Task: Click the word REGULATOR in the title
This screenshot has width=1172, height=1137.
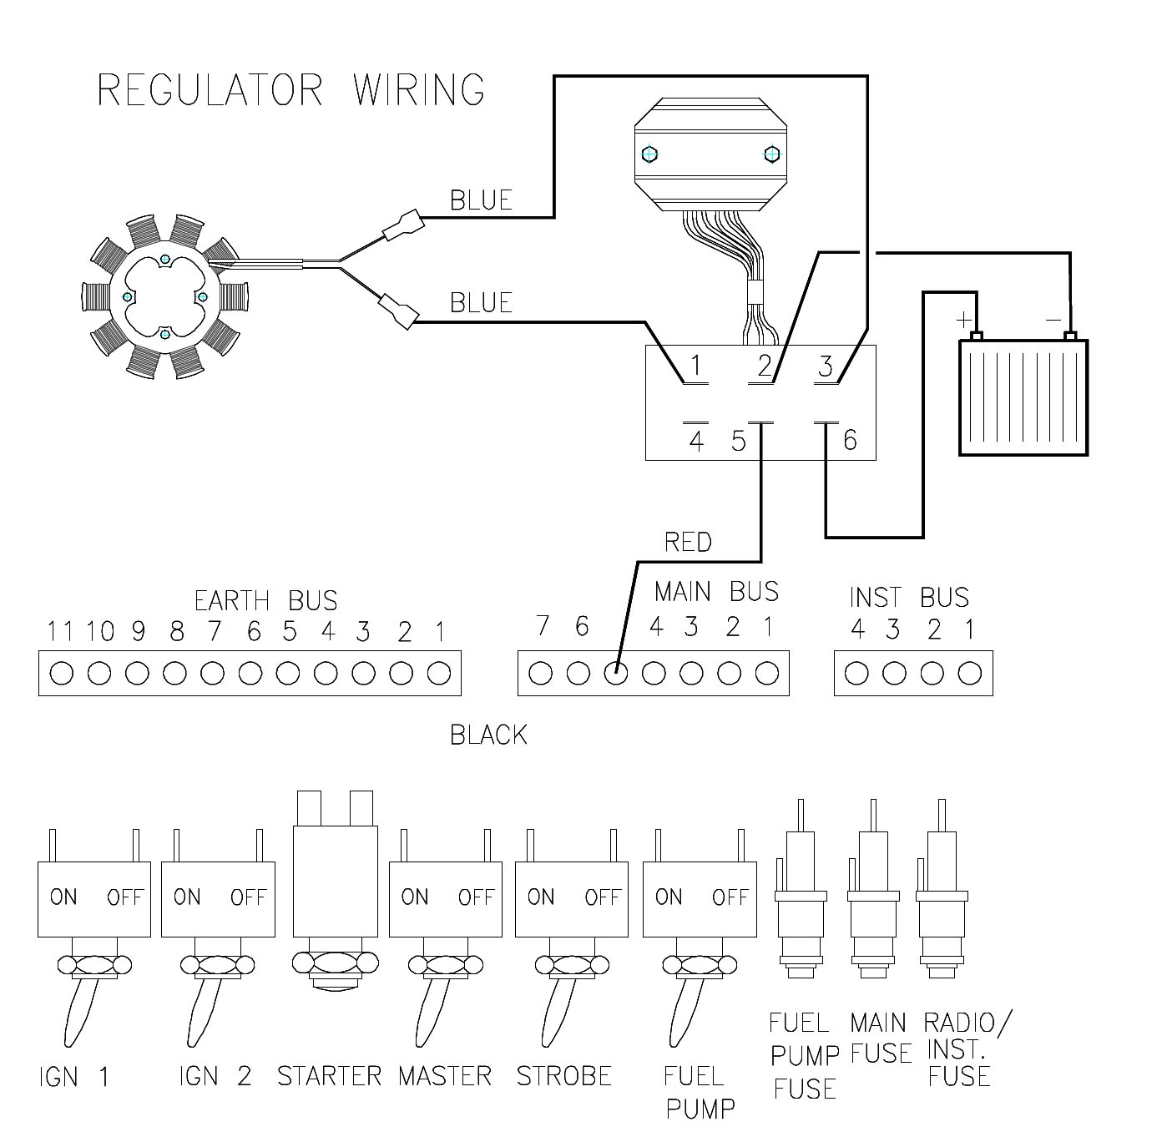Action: [210, 89]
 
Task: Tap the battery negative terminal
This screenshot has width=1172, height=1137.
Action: [1070, 336]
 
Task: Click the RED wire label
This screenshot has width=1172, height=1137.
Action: [688, 543]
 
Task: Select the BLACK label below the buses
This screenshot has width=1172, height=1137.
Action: [488, 735]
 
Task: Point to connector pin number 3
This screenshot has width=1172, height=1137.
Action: [826, 366]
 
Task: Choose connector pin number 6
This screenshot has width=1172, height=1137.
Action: [850, 439]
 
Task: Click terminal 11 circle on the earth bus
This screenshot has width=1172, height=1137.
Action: [61, 673]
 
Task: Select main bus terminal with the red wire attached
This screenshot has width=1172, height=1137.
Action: [616, 673]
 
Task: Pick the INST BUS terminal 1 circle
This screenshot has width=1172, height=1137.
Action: [969, 673]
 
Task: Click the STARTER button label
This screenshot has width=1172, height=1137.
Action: [329, 1075]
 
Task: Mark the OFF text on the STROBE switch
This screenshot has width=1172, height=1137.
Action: [602, 897]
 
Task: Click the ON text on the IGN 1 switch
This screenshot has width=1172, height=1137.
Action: [63, 897]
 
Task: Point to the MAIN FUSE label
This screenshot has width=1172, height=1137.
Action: [878, 1038]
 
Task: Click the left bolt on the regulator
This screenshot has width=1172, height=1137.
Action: [649, 154]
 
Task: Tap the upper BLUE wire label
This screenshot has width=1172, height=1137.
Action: [481, 200]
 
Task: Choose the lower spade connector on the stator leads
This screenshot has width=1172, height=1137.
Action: [398, 311]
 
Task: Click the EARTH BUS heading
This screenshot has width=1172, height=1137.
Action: [265, 600]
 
